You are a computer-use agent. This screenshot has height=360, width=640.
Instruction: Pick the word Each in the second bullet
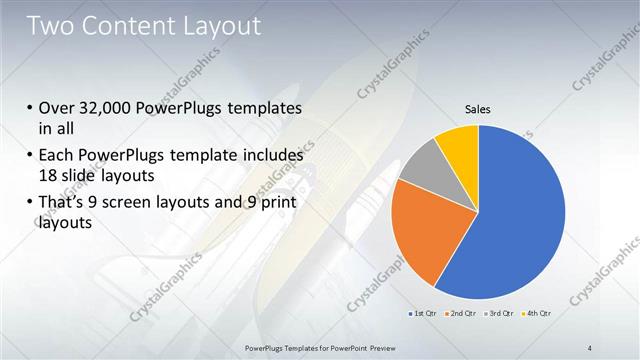[56, 156]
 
